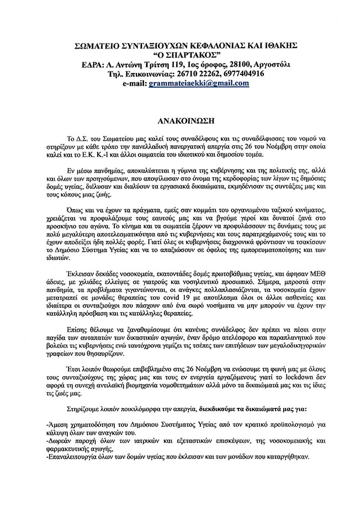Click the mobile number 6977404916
[242, 73]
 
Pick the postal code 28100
[213, 64]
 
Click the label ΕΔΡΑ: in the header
[83, 64]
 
